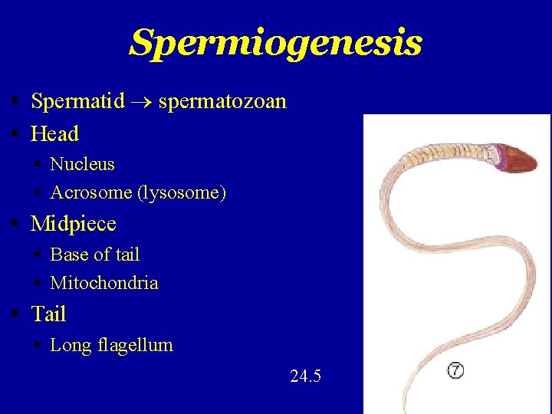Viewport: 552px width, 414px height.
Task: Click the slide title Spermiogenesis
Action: pyautogui.click(x=275, y=43)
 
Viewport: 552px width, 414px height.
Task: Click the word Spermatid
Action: pyautogui.click(x=77, y=101)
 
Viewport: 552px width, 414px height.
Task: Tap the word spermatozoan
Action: pyautogui.click(x=222, y=101)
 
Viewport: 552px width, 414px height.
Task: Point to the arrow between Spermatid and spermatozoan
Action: pyautogui.click(x=141, y=102)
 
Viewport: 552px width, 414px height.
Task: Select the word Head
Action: pyautogui.click(x=54, y=134)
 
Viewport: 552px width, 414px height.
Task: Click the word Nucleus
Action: pyautogui.click(x=82, y=164)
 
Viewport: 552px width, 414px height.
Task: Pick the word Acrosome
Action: pyautogui.click(x=91, y=192)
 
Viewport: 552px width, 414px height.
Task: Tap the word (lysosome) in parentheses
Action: pyautogui.click(x=182, y=193)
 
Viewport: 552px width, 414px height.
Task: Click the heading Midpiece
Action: pyautogui.click(x=73, y=224)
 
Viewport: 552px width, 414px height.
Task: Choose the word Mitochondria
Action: pyautogui.click(x=104, y=283)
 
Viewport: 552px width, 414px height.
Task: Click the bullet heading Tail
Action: pyautogui.click(x=48, y=314)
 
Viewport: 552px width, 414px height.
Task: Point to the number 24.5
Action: pyautogui.click(x=306, y=376)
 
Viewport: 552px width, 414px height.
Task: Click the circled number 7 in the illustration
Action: pyautogui.click(x=455, y=371)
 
